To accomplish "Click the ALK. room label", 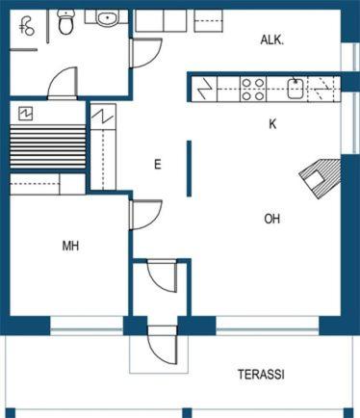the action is (x=271, y=40).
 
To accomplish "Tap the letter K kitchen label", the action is (x=272, y=123).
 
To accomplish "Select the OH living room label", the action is (x=271, y=219).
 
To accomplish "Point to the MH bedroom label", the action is (x=70, y=246).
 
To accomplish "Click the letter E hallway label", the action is (x=157, y=165).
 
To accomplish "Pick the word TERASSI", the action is (x=261, y=375).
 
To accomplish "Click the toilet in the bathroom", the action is (x=65, y=21).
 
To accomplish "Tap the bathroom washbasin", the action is (x=107, y=17).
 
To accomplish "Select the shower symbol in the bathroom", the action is (x=27, y=27).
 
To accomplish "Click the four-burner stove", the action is (x=253, y=89).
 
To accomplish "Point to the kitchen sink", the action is (x=296, y=89).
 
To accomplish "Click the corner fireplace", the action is (x=320, y=178).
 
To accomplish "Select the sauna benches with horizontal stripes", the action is (x=48, y=147).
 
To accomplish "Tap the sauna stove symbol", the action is (x=26, y=114).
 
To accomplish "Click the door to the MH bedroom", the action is (x=145, y=215).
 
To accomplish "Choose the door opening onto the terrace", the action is (x=163, y=345).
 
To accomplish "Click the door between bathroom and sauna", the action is (x=63, y=83).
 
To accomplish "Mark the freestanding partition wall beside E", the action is (x=190, y=169).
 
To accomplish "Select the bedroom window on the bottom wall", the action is (x=87, y=326).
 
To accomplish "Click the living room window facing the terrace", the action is (x=268, y=326).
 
